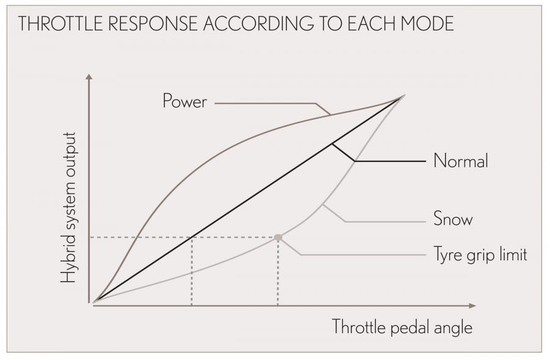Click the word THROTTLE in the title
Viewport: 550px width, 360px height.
click(61, 23)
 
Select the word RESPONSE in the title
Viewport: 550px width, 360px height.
click(153, 23)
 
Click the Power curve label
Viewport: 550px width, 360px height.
click(185, 101)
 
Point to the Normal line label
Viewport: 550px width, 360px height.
click(461, 161)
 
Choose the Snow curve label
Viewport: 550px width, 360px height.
click(453, 219)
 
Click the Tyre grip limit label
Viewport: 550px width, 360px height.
click(480, 254)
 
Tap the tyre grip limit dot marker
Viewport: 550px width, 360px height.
click(278, 238)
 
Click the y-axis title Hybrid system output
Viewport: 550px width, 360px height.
click(68, 208)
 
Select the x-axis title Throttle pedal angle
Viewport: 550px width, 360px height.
click(402, 327)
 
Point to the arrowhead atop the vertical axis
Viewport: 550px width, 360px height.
click(89, 77)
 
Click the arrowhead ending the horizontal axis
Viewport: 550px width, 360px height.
click(472, 306)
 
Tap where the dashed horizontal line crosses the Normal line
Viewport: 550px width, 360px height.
click(192, 237)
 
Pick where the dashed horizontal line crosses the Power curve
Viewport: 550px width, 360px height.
click(136, 237)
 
